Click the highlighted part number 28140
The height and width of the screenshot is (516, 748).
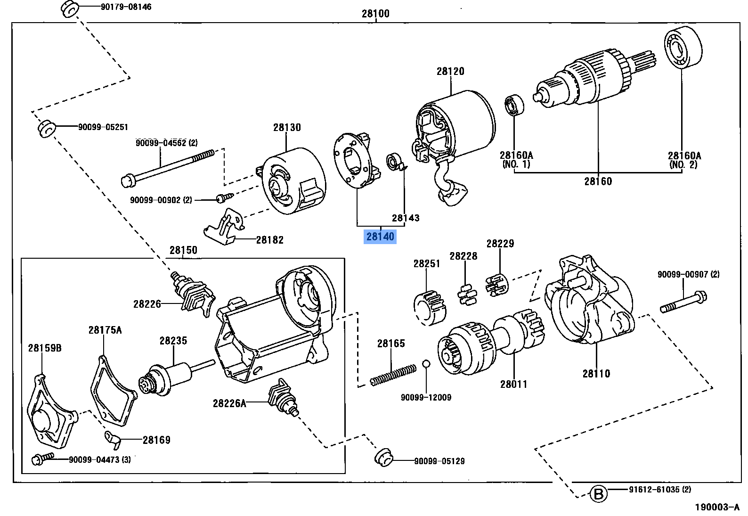(380, 236)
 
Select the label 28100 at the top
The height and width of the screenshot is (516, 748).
(375, 14)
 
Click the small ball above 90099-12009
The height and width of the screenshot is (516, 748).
(426, 363)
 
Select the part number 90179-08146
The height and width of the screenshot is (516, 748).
(126, 7)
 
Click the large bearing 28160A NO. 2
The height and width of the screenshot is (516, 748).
(682, 48)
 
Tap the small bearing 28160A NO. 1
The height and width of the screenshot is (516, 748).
(514, 105)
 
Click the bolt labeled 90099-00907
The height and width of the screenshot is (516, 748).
(684, 302)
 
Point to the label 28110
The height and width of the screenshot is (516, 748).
(596, 374)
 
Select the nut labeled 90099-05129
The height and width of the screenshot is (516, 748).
(383, 458)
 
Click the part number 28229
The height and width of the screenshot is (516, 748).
(500, 244)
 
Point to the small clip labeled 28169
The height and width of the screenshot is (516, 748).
(113, 440)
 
